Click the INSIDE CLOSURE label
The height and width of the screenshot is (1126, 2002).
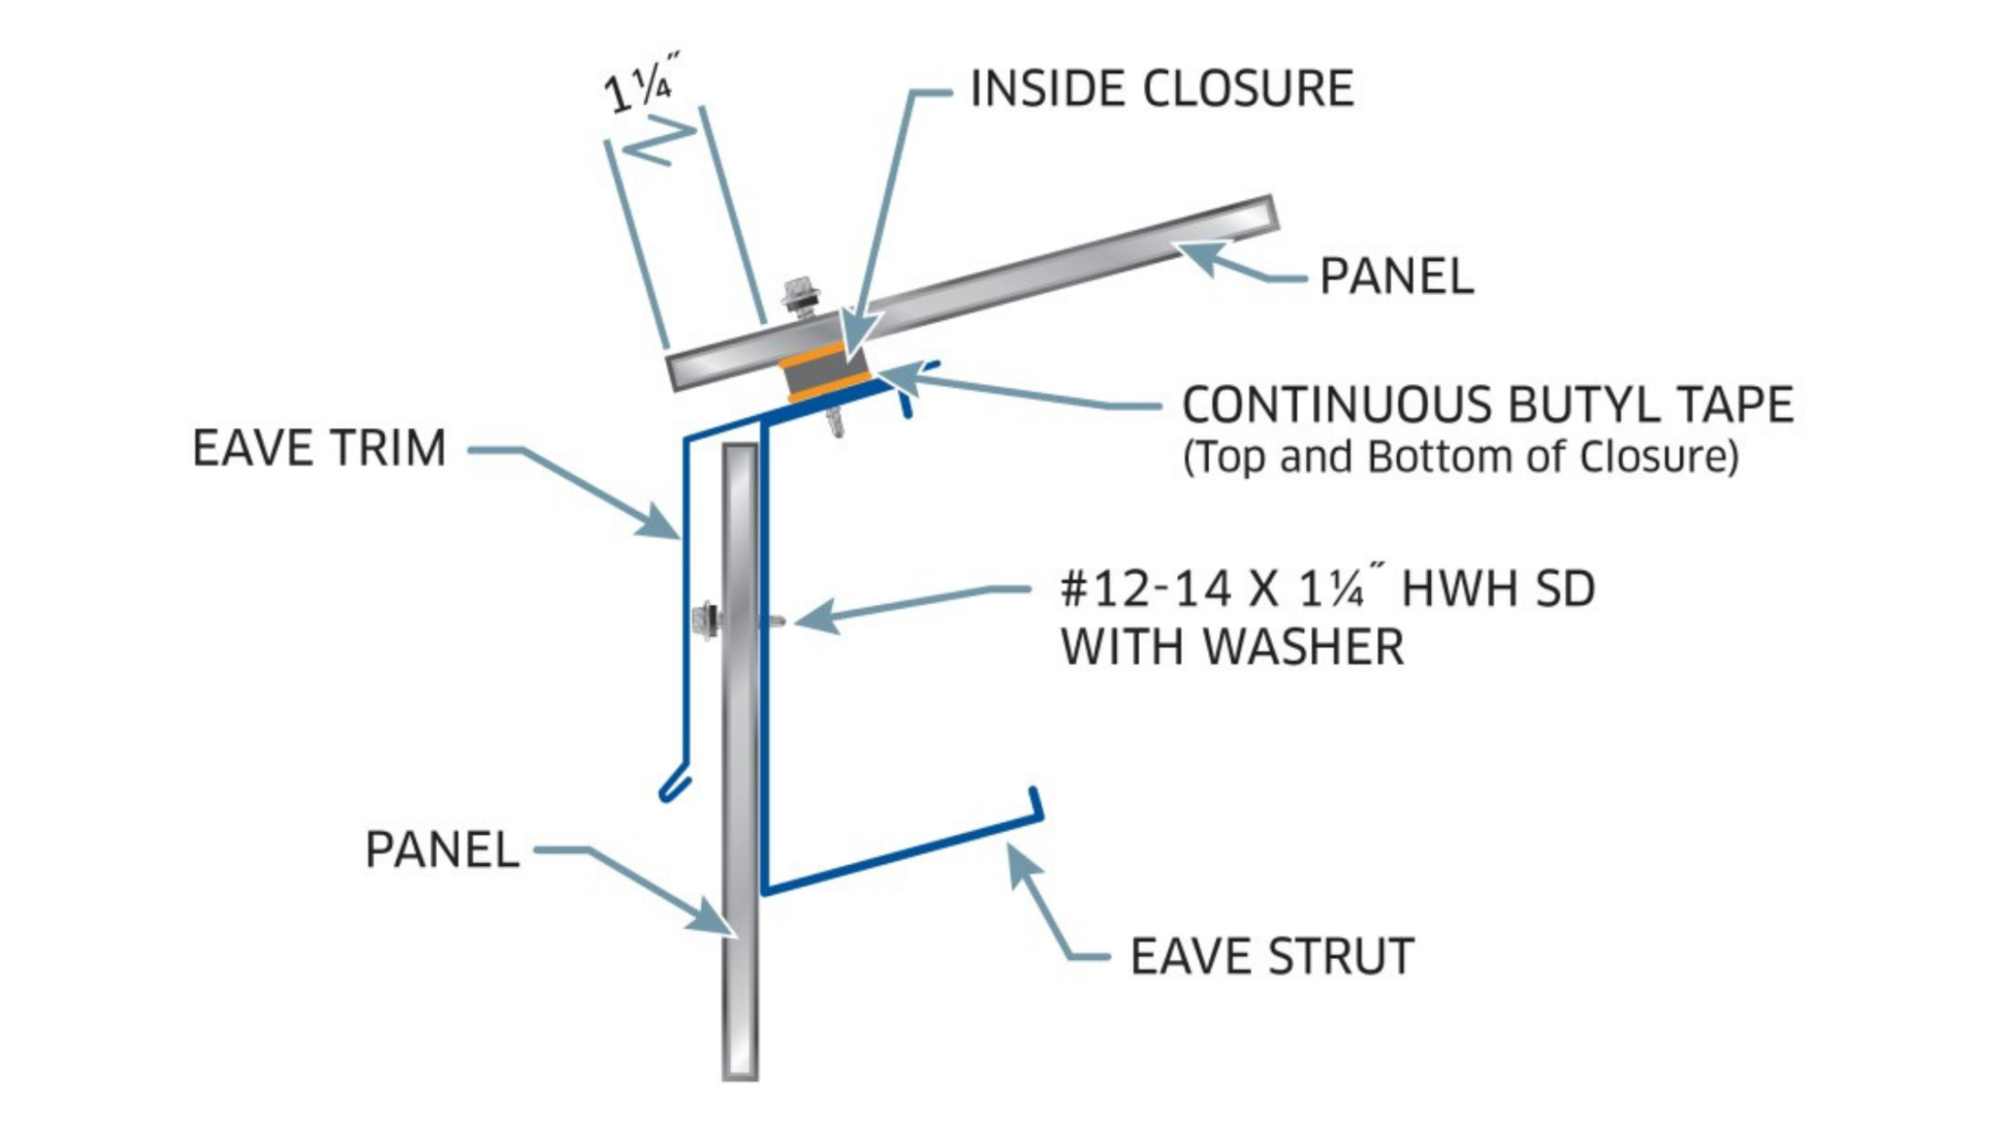(x=1161, y=89)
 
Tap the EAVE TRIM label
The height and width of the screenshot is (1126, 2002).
(x=319, y=449)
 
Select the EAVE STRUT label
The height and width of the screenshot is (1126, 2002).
(x=1272, y=956)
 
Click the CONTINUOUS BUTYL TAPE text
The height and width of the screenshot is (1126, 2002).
(x=1488, y=405)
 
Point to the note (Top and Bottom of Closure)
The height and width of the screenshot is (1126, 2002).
(x=1460, y=457)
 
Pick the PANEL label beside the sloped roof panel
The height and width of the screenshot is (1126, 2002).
(x=1396, y=277)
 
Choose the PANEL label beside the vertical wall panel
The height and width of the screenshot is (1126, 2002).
(x=441, y=849)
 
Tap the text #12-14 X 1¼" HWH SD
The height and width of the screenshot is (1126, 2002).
(x=1327, y=589)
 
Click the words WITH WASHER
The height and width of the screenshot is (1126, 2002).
(x=1233, y=647)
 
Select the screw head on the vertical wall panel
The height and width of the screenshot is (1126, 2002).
(x=705, y=619)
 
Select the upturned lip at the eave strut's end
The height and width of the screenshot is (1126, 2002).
(x=1035, y=801)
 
